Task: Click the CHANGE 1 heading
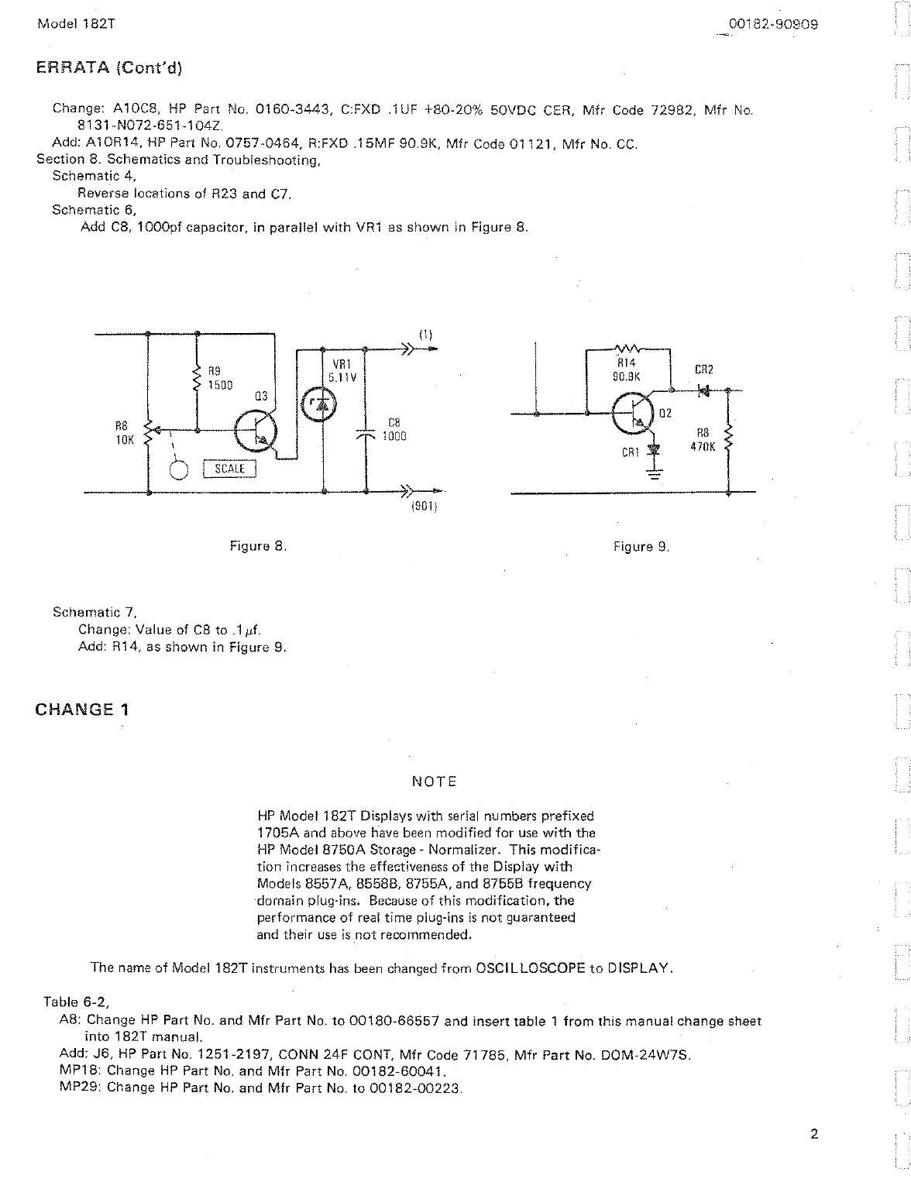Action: (x=83, y=709)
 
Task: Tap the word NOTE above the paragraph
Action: (x=435, y=782)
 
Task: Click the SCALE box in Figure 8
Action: (x=229, y=469)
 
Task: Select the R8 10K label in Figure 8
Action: (x=125, y=432)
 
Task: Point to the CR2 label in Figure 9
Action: (x=704, y=370)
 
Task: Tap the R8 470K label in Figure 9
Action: (x=703, y=440)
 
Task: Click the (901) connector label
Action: (x=425, y=508)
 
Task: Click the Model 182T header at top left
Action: (x=76, y=24)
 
